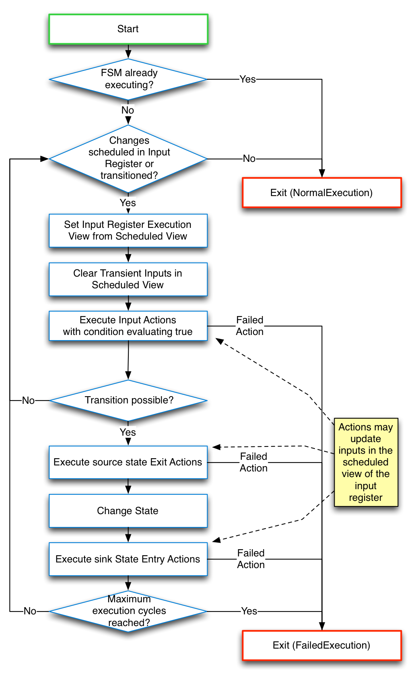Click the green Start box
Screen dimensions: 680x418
[x=128, y=29]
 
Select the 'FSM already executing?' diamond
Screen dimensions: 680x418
[x=128, y=79]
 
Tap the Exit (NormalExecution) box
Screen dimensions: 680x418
[x=321, y=193]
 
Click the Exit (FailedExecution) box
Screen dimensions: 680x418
[x=321, y=645]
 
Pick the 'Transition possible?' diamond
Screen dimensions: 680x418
[x=128, y=400]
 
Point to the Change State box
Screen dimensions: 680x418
[x=128, y=511]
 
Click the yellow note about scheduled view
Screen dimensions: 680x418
[x=366, y=462]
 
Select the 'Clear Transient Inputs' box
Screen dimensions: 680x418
[x=128, y=279]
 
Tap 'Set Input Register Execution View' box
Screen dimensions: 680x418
[x=128, y=230]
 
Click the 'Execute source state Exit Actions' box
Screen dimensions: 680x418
[x=128, y=462]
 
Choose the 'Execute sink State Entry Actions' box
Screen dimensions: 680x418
[x=128, y=559]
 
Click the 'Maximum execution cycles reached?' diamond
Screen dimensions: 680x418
[x=128, y=611]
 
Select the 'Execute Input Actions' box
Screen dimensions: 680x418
[x=128, y=326]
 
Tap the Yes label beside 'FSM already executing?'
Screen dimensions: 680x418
[x=247, y=79]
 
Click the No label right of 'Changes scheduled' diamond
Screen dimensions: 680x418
[x=249, y=159]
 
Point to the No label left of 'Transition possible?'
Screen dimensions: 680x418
[x=28, y=401]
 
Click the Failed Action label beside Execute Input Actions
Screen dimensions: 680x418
[x=249, y=326]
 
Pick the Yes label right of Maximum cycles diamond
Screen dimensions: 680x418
[x=249, y=611]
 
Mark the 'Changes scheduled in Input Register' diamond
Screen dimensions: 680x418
[x=128, y=159]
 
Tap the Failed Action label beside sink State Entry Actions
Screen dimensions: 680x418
[x=251, y=559]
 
